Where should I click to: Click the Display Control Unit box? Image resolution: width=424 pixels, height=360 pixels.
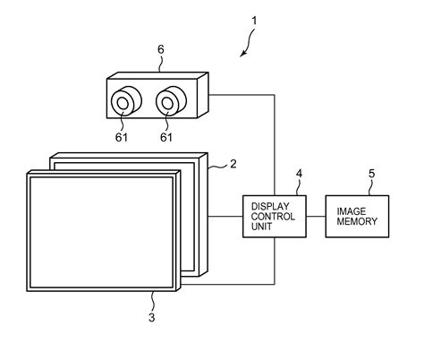tap(274, 216)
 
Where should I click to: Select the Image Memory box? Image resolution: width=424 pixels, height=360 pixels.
tap(359, 216)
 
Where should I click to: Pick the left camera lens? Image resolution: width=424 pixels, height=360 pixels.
tap(123, 104)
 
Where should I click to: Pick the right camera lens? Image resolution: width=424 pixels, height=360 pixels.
tap(167, 104)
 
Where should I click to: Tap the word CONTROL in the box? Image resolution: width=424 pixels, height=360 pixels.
tap(270, 216)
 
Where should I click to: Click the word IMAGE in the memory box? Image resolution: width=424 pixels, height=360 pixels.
tap(350, 210)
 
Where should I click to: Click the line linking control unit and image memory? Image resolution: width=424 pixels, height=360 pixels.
tap(315, 216)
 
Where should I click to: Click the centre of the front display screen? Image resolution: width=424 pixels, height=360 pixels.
tap(102, 229)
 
